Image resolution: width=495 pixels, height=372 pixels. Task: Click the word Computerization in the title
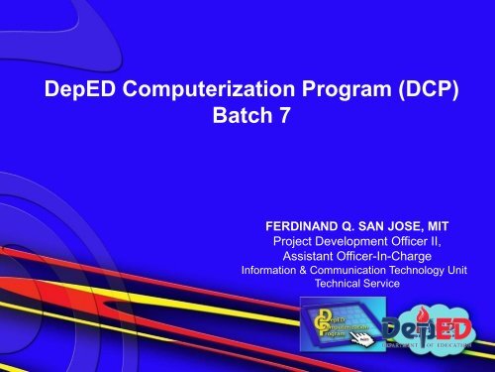pos(188,92)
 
